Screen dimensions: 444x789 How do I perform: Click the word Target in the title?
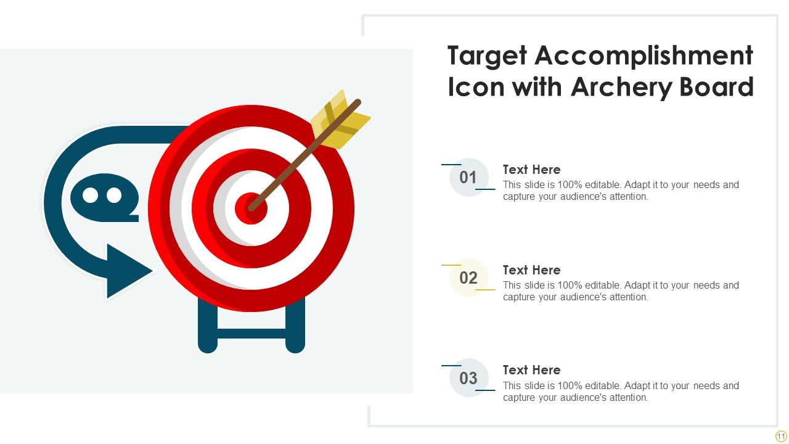coord(486,56)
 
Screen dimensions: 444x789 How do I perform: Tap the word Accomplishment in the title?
coord(644,56)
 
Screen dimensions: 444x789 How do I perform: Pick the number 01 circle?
coord(468,178)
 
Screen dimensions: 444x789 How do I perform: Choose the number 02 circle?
coord(468,278)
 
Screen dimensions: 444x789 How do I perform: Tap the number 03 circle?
coord(468,378)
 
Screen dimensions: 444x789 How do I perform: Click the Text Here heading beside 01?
coord(531,170)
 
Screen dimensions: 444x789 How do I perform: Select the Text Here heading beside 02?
coord(531,270)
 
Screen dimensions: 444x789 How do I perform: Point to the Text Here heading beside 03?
coord(531,370)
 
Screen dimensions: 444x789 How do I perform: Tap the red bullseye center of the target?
coord(251,208)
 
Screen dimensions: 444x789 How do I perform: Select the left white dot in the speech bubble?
coord(91,195)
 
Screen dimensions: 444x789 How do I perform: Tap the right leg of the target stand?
coord(295,327)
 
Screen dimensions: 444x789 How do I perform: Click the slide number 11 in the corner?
coord(781,436)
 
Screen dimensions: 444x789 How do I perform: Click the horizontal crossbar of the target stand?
coord(251,334)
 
